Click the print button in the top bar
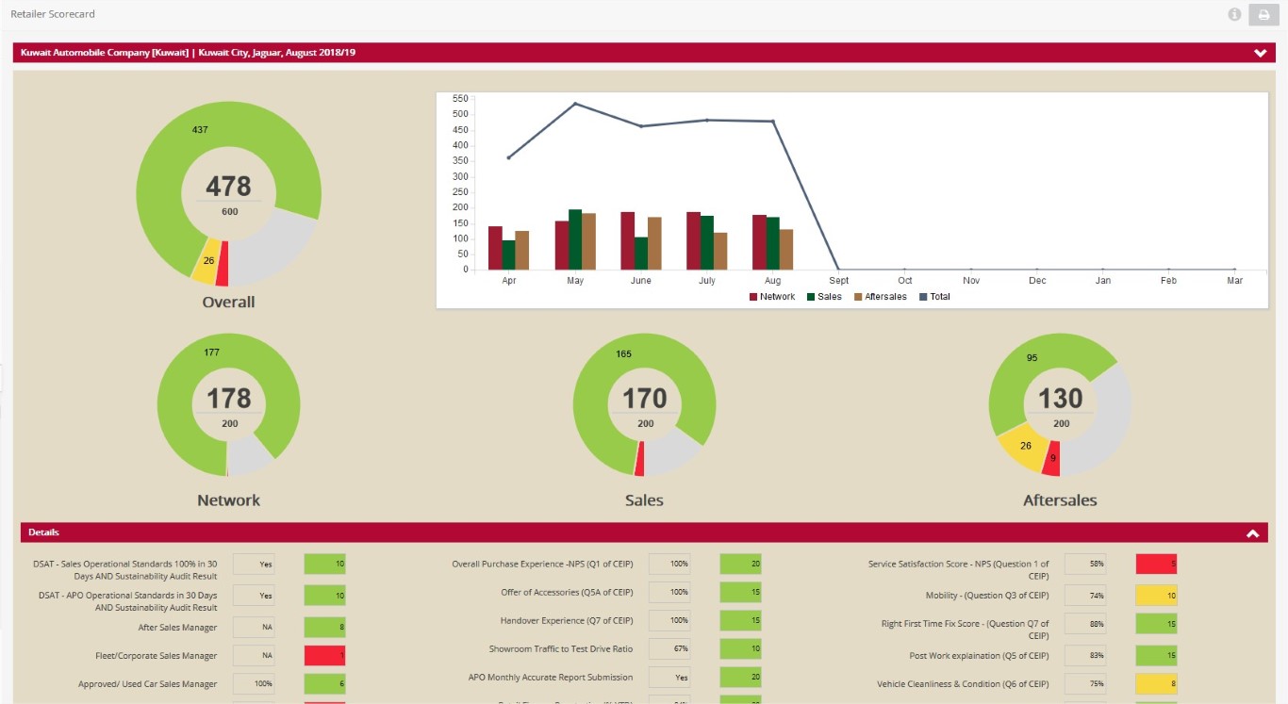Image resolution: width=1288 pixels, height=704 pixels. pyautogui.click(x=1263, y=14)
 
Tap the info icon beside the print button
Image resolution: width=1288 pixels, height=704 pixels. pyautogui.click(x=1234, y=14)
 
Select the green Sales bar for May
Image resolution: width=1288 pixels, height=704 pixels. pyautogui.click(x=575, y=239)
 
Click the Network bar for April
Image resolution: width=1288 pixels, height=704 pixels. pyautogui.click(x=495, y=248)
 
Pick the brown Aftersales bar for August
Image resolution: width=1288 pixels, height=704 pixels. pyautogui.click(x=785, y=249)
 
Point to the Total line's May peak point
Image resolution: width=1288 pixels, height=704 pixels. pyautogui.click(x=575, y=104)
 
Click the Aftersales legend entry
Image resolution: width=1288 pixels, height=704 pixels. pyautogui.click(x=881, y=297)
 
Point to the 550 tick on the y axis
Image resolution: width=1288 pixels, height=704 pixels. pyautogui.click(x=460, y=98)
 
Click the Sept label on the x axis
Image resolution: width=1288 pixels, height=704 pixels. pyautogui.click(x=839, y=281)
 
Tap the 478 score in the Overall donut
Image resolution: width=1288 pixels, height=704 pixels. pyautogui.click(x=229, y=186)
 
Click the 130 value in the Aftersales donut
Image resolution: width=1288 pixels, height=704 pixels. pyautogui.click(x=1061, y=399)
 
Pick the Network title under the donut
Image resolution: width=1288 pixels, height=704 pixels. pyautogui.click(x=228, y=500)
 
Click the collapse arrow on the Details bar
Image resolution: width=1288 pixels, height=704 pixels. pyautogui.click(x=1252, y=533)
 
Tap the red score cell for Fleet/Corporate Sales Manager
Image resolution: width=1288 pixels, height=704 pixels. pyautogui.click(x=324, y=656)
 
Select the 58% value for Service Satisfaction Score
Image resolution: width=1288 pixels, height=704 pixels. pyautogui.click(x=1085, y=565)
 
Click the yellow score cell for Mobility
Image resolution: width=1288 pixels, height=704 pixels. pyautogui.click(x=1156, y=596)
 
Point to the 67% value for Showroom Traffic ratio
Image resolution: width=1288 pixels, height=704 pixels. pyautogui.click(x=669, y=649)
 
